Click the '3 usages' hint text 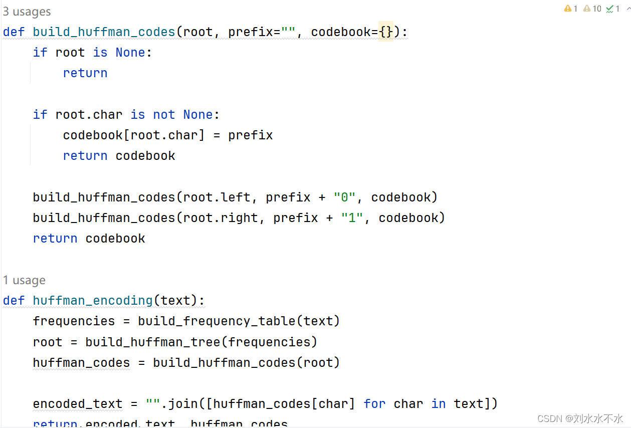(27, 12)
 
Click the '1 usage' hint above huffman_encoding (24, 280)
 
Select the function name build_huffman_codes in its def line (104, 32)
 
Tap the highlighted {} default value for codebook (386, 32)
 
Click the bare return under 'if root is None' (85, 73)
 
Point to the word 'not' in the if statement (164, 115)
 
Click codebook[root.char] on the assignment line (134, 135)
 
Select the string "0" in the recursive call (344, 197)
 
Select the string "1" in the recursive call (352, 218)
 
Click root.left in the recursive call (217, 197)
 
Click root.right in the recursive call (221, 218)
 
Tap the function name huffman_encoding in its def (93, 301)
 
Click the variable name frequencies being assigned (74, 321)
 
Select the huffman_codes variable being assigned (81, 363)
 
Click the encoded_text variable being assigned (78, 404)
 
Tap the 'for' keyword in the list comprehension (374, 404)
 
